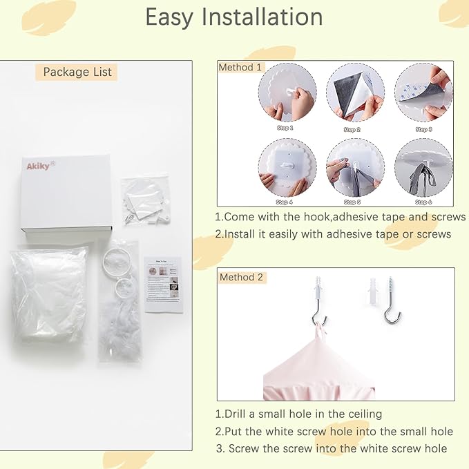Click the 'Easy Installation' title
pyautogui.click(x=234, y=18)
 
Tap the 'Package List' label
pyautogui.click(x=77, y=72)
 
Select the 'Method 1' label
pyautogui.click(x=240, y=68)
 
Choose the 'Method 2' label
pyautogui.click(x=241, y=277)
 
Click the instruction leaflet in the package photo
pyautogui.click(x=164, y=283)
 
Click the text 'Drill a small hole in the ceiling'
pyautogui.click(x=298, y=414)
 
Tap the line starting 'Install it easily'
pyautogui.click(x=333, y=234)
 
